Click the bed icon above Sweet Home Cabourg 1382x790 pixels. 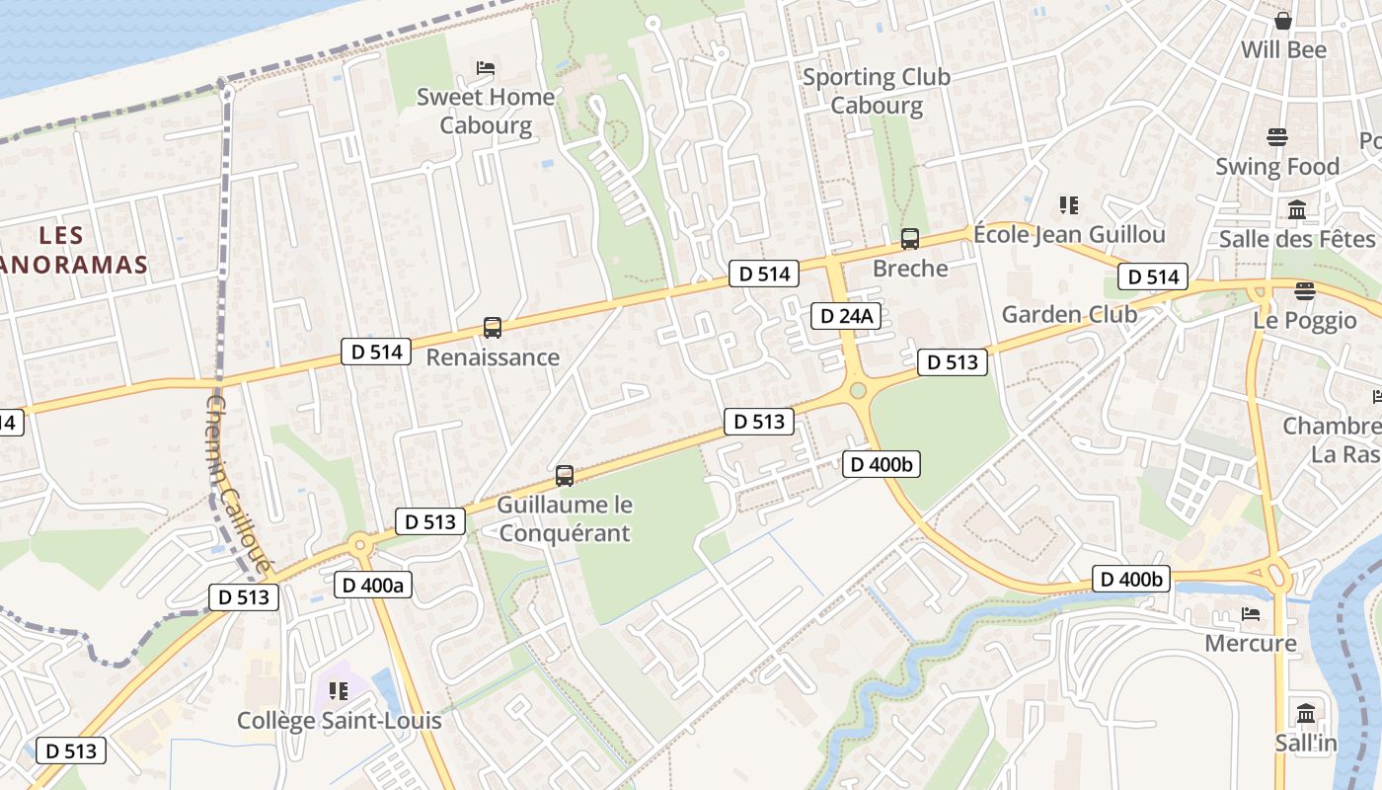point(486,68)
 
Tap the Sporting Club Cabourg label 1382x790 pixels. point(877,91)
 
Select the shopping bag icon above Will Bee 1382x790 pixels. point(1283,21)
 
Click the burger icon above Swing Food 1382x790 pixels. point(1277,137)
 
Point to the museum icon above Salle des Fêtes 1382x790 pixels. point(1297,209)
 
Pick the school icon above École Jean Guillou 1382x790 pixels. point(1068,205)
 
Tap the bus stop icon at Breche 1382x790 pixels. point(910,239)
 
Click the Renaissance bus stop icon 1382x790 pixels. point(492,328)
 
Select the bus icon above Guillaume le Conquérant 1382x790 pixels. point(565,476)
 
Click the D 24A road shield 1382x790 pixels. point(846,316)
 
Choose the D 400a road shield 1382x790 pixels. point(373,585)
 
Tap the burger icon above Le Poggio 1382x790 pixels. point(1305,291)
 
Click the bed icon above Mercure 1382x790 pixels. point(1251,614)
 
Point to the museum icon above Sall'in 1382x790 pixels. point(1306,713)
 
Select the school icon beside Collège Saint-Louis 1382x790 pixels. point(339,691)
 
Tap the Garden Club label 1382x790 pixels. point(1069,314)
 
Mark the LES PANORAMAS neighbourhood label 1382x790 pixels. point(75,250)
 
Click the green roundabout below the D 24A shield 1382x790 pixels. point(857,391)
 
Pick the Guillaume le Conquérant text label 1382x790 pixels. point(564,518)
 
